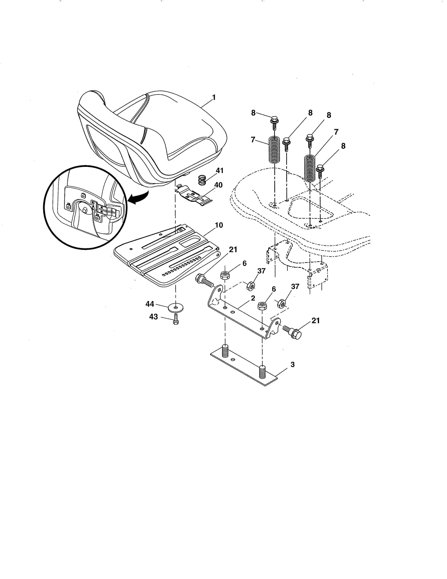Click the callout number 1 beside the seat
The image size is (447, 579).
pyautogui.click(x=214, y=98)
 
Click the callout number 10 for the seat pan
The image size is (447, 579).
pyautogui.click(x=219, y=225)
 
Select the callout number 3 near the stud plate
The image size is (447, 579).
pyautogui.click(x=292, y=365)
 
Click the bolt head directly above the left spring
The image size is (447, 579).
pyautogui.click(x=274, y=120)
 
